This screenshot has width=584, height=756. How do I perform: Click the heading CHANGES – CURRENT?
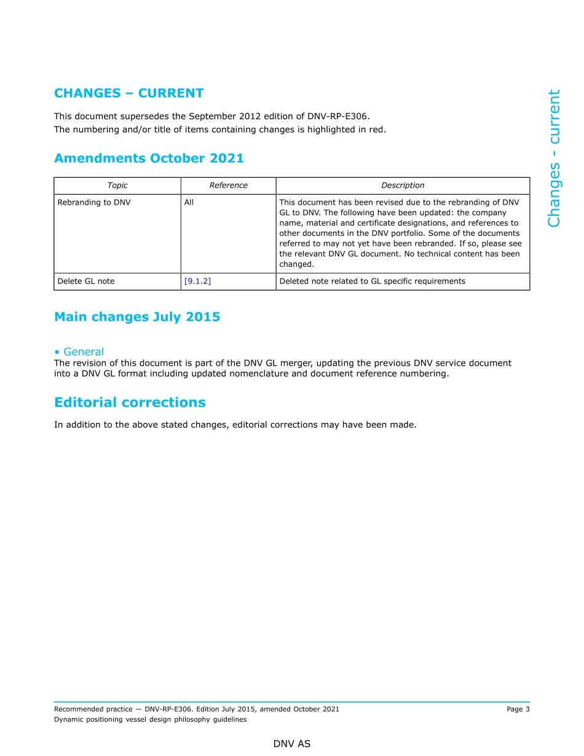[x=128, y=93]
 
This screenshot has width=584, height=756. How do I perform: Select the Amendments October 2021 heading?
[x=149, y=159]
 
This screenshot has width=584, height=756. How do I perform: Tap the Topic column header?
[x=117, y=186]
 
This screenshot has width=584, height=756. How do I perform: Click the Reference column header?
[x=228, y=186]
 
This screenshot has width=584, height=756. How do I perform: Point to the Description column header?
[x=403, y=186]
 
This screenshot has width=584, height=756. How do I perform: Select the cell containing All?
[x=189, y=202]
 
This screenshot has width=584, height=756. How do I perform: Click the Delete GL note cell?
[x=86, y=282]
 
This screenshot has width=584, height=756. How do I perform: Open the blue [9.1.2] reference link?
[x=197, y=282]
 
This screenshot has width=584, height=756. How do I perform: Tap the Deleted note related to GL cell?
[x=372, y=282]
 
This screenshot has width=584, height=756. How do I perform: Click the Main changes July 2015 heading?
[x=137, y=317]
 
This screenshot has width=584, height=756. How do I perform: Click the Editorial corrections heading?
[x=130, y=403]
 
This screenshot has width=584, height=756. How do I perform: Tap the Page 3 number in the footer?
[x=518, y=709]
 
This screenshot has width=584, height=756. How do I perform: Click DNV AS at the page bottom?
[x=292, y=744]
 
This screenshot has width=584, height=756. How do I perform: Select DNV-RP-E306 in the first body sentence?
[x=342, y=116]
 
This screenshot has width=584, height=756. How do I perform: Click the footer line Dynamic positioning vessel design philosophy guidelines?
[x=150, y=720]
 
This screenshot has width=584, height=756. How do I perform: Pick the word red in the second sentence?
[x=376, y=129]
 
